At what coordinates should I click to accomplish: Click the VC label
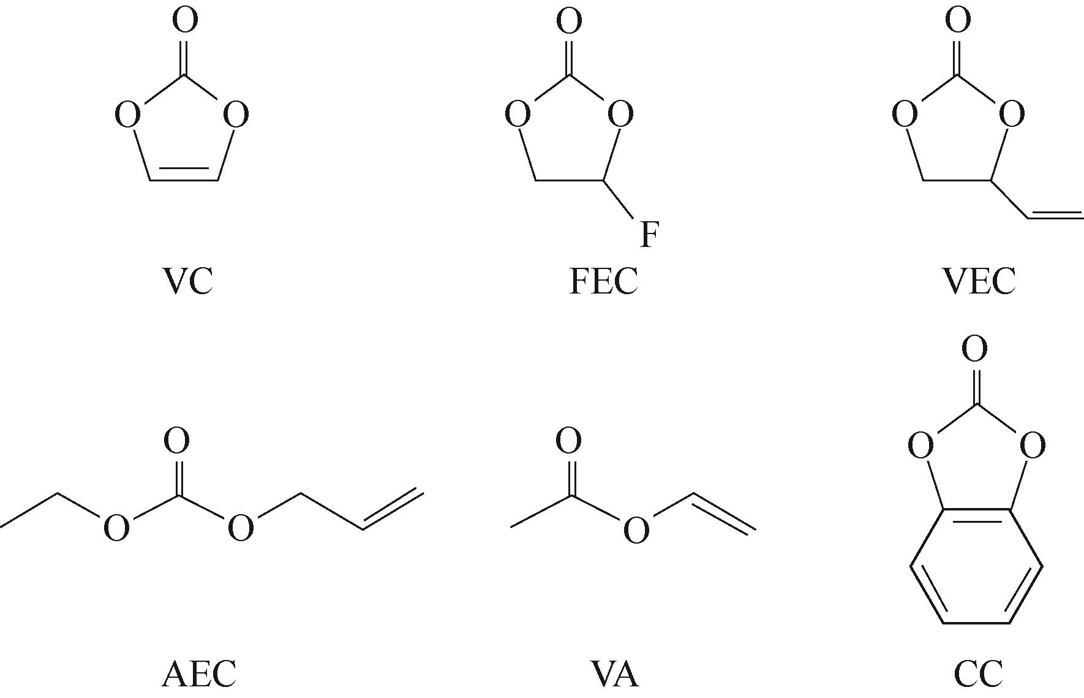(x=188, y=281)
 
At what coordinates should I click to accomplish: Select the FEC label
(x=603, y=281)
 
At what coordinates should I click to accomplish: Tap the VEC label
(x=978, y=281)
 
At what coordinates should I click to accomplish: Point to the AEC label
(x=198, y=673)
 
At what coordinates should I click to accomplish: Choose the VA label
(x=614, y=673)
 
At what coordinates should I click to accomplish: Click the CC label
(x=978, y=673)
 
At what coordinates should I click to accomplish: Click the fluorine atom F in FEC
(x=650, y=235)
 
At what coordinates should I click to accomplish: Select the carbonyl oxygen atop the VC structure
(x=185, y=20)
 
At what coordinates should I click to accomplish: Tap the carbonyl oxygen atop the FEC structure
(x=569, y=21)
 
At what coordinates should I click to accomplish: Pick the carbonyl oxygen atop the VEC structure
(x=958, y=20)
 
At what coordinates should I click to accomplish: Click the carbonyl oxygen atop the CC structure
(x=974, y=349)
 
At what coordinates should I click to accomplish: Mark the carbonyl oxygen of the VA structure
(x=568, y=441)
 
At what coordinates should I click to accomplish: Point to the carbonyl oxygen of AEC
(x=176, y=441)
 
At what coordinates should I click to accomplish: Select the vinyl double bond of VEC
(x=1055, y=214)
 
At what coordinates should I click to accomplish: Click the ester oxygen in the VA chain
(x=636, y=529)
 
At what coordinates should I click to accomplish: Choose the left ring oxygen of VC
(x=127, y=115)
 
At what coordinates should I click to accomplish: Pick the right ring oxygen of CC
(x=1032, y=446)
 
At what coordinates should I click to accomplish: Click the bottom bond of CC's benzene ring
(x=976, y=623)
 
